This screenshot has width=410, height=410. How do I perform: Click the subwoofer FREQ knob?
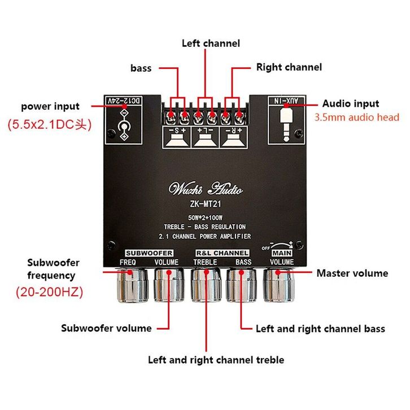133,286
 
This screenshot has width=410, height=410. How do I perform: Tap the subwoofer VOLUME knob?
169,285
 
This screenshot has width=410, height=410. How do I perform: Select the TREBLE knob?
206,285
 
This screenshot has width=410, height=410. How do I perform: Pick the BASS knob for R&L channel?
241,285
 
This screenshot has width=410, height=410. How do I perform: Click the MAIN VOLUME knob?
279,285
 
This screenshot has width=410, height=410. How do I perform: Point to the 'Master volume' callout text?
352,273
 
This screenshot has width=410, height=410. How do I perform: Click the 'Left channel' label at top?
211,43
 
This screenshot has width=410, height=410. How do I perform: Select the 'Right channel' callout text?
289,67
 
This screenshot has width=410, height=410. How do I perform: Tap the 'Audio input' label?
351,103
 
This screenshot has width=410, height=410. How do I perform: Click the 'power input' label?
50,107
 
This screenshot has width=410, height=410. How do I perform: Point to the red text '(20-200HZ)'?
50,292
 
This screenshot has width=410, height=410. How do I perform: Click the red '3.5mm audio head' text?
357,117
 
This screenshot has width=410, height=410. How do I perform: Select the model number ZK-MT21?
206,204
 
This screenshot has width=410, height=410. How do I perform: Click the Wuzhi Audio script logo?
206,188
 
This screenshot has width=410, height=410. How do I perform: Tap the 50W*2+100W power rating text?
205,217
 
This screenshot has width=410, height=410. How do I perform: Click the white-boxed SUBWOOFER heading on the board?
149,253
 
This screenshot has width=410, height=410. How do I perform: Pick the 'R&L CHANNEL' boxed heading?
223,253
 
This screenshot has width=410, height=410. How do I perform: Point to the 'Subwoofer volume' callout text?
106,329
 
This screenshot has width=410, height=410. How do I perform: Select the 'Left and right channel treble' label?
216,360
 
